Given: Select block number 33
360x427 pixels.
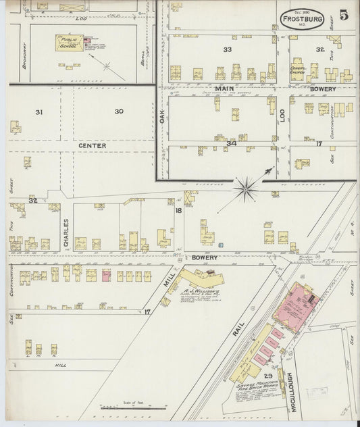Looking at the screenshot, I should point(227,49).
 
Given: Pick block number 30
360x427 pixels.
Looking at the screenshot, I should point(119,111).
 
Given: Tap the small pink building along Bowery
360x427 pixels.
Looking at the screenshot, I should point(106,275).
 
